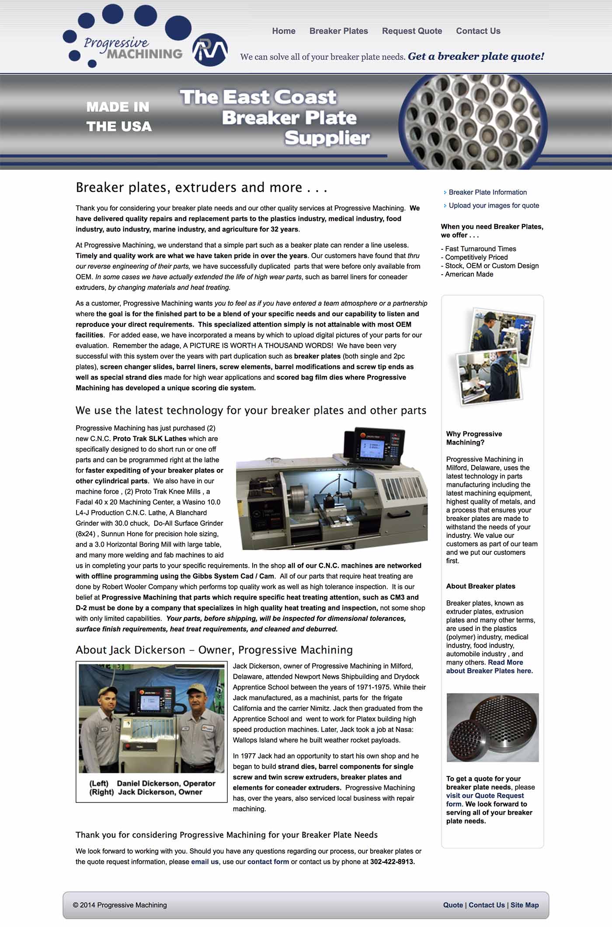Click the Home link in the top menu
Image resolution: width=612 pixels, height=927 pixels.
coord(284,31)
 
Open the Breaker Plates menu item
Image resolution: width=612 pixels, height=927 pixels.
coord(338,31)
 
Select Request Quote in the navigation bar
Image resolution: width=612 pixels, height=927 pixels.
coord(412,31)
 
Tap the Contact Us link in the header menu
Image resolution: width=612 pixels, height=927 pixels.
coord(478,31)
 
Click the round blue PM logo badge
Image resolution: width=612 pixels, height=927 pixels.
coord(210,50)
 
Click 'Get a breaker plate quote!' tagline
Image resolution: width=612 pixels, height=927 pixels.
coord(476,56)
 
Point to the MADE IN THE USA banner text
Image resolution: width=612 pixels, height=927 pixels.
coord(119,117)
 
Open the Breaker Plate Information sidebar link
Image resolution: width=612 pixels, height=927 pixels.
coord(487,192)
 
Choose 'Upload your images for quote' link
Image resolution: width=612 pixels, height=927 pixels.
coord(494,206)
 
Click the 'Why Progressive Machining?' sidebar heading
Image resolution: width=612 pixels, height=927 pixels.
coord(474,438)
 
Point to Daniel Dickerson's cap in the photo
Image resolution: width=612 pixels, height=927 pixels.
coord(107,692)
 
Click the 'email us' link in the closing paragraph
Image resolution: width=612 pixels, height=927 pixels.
coord(205,862)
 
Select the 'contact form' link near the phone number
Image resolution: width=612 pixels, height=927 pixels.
coord(268,862)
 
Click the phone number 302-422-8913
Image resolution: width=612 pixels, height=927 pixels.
coord(392,862)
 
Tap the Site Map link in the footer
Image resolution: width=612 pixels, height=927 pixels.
coord(525,905)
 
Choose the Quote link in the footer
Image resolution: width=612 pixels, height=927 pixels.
coord(453,905)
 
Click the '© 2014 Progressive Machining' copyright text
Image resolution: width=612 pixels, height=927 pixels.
coord(120,905)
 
